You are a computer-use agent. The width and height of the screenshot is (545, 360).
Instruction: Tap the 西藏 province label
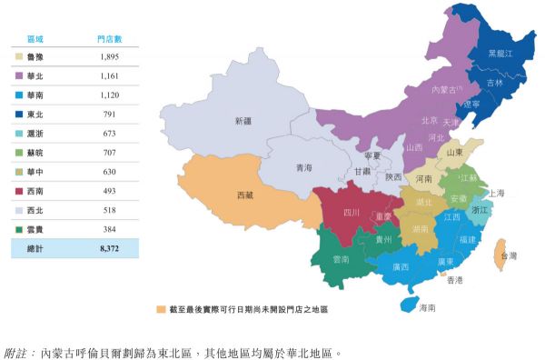[x=245, y=195]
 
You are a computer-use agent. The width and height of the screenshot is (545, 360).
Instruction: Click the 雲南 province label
[x=341, y=260]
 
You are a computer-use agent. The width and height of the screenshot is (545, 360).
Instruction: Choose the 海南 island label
[x=426, y=308]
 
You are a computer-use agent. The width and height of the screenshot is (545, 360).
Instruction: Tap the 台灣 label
[x=508, y=256]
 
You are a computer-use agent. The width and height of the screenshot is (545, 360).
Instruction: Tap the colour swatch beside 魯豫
[x=19, y=58]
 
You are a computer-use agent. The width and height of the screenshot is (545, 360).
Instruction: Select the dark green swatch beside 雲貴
[x=19, y=228]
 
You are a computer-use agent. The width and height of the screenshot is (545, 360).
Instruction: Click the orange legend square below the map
[x=161, y=310]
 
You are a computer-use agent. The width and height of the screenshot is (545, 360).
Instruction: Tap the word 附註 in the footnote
[x=17, y=349]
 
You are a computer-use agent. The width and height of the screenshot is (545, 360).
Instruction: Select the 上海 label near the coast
[x=496, y=193]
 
